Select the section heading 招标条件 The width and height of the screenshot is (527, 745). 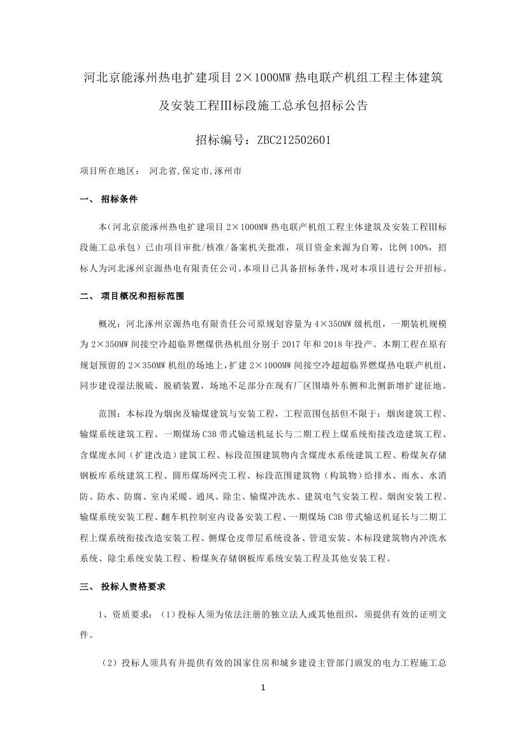(119, 199)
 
